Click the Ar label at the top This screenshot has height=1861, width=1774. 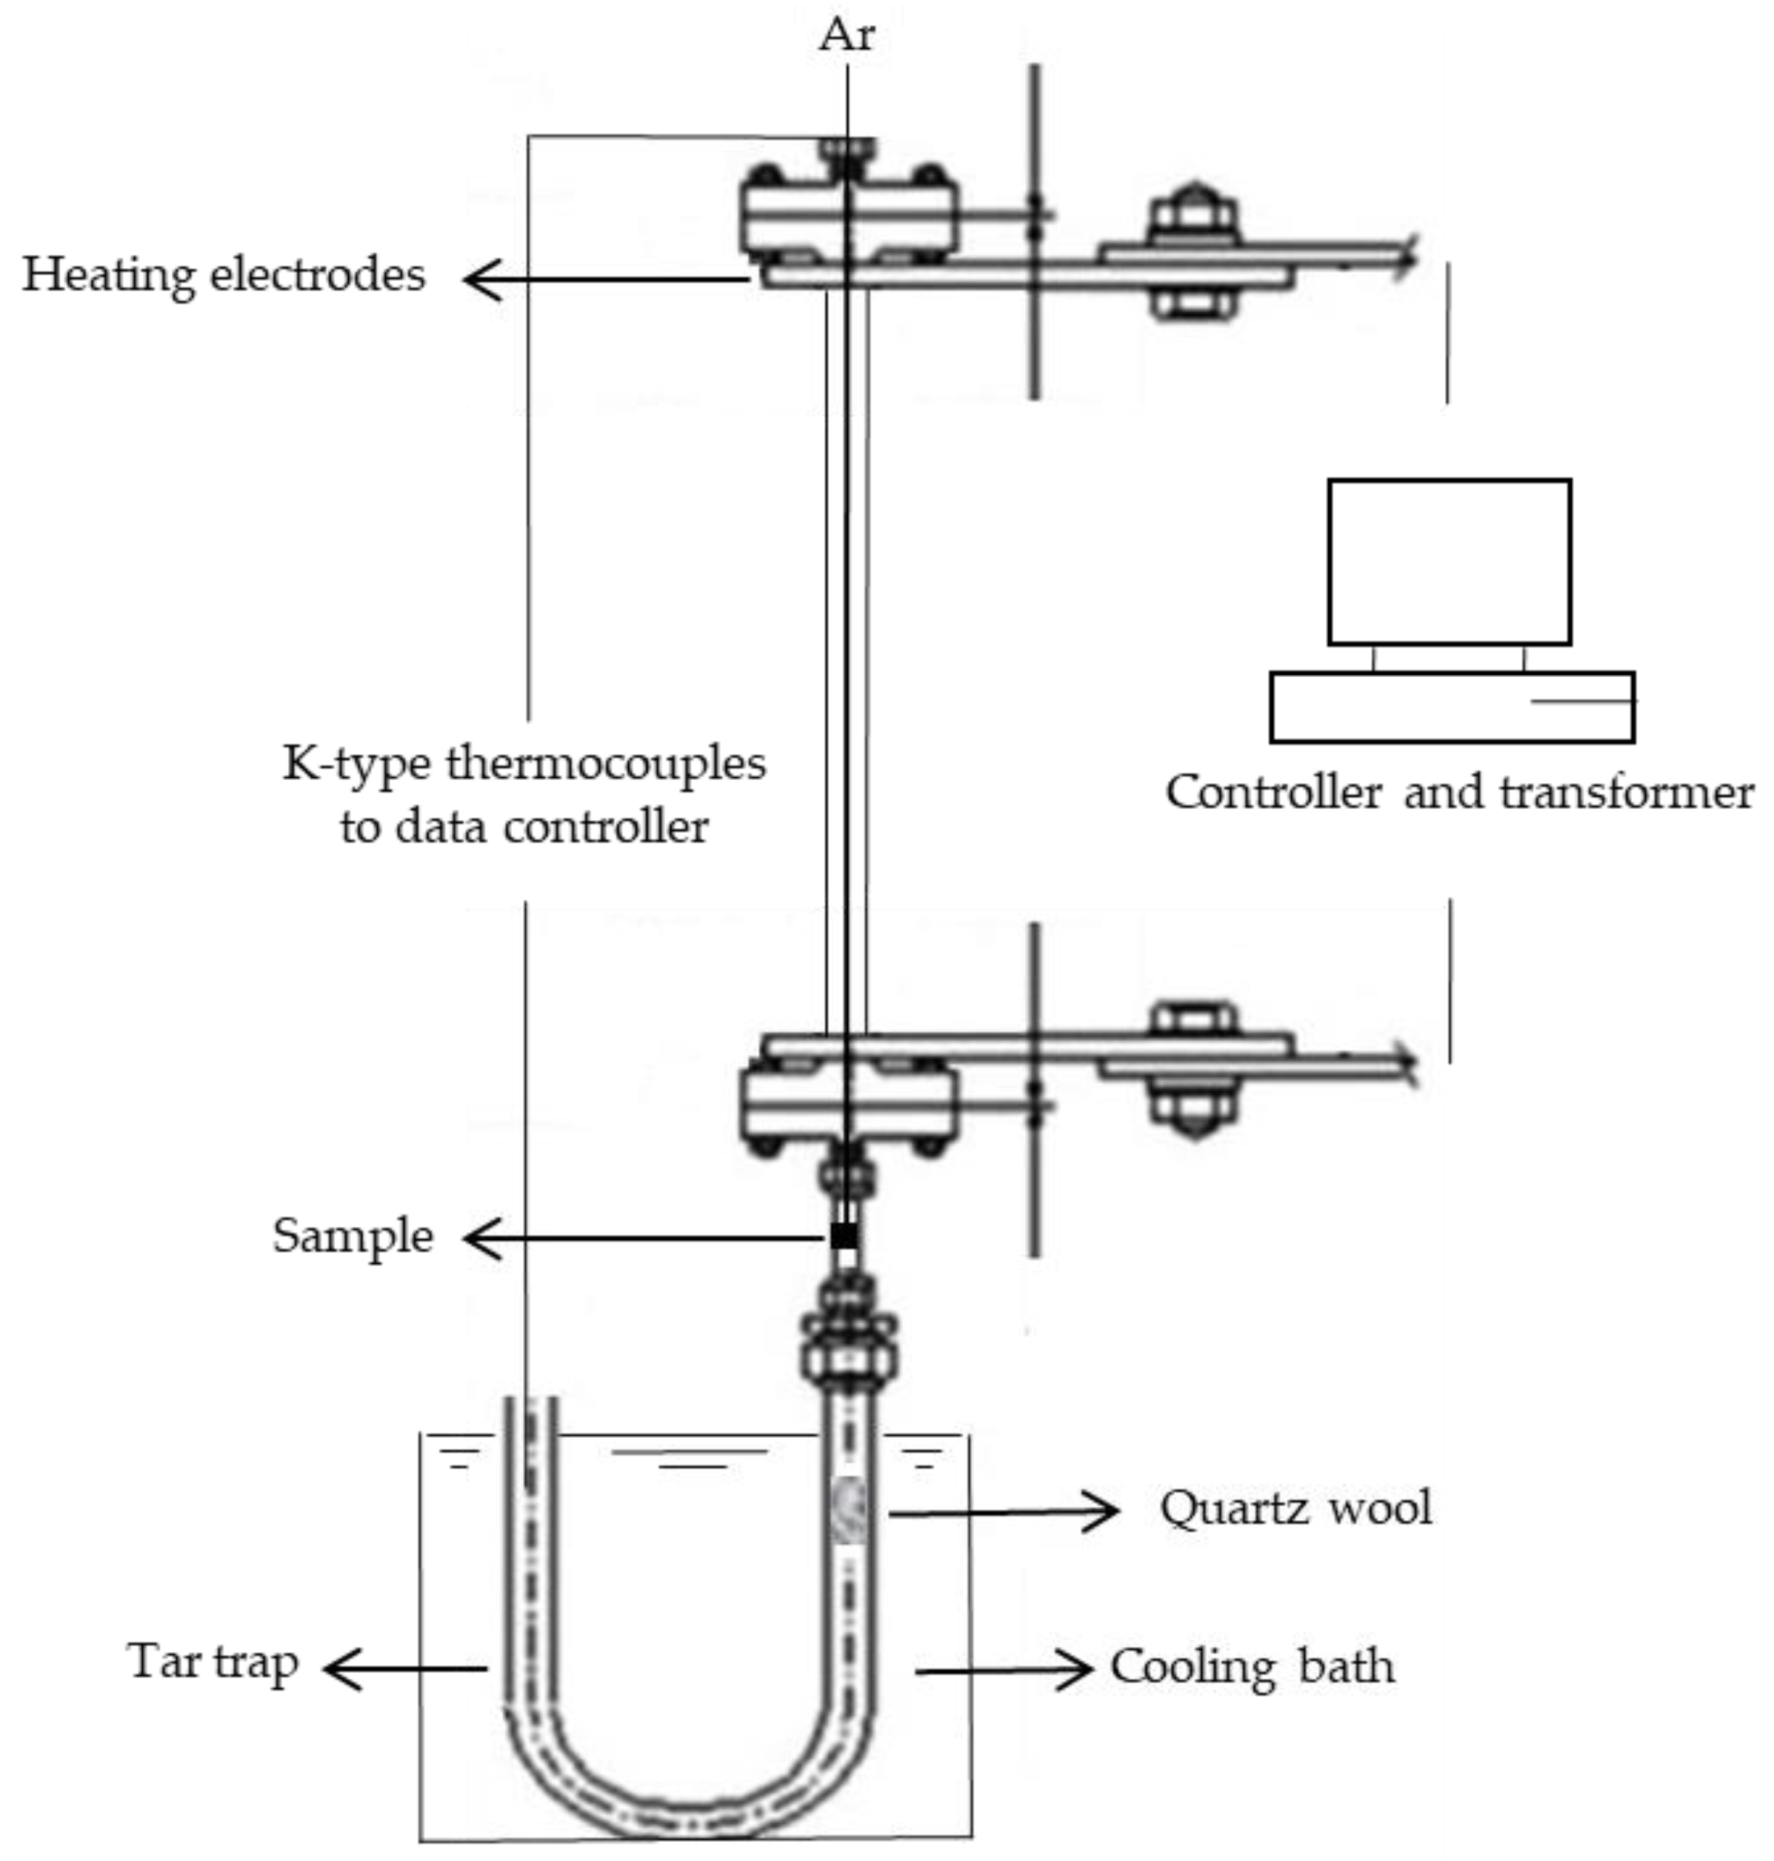click(847, 36)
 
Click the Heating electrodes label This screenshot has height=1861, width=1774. click(224, 275)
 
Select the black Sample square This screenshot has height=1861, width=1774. click(844, 1235)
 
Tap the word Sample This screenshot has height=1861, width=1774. click(353, 1236)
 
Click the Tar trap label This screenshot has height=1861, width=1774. click(214, 1662)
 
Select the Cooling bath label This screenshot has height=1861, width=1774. click(1252, 1666)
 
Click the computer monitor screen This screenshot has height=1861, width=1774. click(1449, 562)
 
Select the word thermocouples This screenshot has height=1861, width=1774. click(605, 762)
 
